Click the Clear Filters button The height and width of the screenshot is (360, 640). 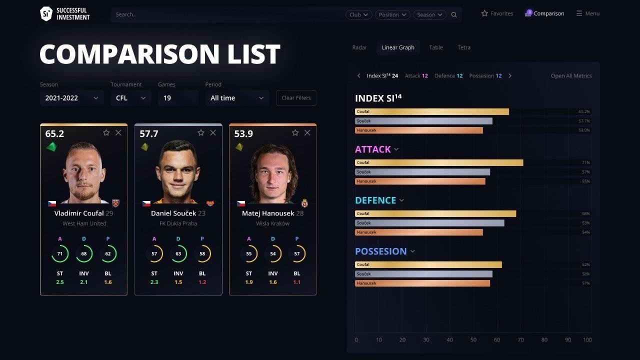pos(296,98)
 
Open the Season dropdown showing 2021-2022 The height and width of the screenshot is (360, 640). pos(71,98)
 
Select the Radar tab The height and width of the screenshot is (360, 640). pos(359,47)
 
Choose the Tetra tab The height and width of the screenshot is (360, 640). pos(464,47)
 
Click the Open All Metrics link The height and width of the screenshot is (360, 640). pos(571,76)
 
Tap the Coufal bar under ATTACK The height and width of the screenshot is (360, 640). pos(439,162)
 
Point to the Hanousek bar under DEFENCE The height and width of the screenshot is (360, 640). pos(419,232)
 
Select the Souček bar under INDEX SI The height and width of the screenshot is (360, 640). pos(423,121)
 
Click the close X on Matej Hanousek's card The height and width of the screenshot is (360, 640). pos(307,132)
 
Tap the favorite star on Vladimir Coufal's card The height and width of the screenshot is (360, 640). pos(106,132)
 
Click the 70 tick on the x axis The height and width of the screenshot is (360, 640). pos(520,340)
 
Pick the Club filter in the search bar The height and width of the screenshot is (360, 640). pos(358,15)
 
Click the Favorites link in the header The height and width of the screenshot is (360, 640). pos(497,13)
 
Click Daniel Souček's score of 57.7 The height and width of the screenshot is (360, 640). pos(149,134)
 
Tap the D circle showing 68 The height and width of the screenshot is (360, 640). pos(84,254)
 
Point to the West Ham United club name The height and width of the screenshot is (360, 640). pos(84,223)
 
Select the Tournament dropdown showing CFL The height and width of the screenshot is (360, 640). pos(130,98)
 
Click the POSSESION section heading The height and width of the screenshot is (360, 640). pos(381,251)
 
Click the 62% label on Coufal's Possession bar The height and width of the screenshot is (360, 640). pos(585,264)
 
